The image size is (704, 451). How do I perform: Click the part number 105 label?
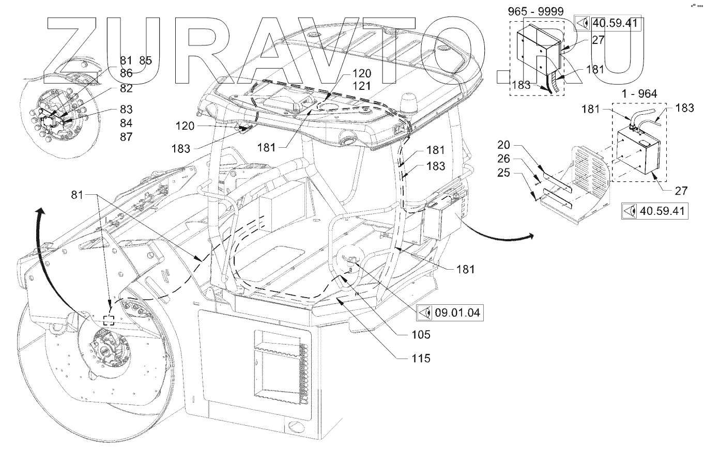tap(421, 335)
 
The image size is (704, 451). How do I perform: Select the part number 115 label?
tap(421, 358)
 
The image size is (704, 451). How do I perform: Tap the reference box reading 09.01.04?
tap(450, 313)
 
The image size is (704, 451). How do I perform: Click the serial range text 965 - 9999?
tap(535, 12)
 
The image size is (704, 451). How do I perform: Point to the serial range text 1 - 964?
tap(640, 94)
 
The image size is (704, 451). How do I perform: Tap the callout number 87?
tap(126, 137)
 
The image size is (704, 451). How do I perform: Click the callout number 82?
tap(126, 88)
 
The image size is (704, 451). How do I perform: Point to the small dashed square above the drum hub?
tap(109, 320)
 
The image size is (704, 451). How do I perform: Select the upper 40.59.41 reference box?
tap(608, 24)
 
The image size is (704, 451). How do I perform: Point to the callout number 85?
tap(145, 60)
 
